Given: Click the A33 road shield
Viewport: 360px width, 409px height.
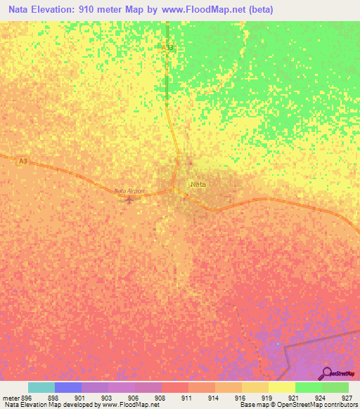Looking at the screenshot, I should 167,48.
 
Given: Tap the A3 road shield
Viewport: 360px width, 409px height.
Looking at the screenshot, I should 23,161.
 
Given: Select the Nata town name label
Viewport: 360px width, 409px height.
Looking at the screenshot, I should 198,184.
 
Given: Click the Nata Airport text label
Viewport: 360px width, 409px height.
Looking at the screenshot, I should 129,190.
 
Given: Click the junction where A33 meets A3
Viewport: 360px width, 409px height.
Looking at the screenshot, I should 174,190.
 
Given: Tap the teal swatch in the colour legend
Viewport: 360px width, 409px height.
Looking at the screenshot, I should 41,387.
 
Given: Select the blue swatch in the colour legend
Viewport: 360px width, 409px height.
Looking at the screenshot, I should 68,387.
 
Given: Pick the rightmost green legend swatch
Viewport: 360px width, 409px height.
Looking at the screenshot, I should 335,387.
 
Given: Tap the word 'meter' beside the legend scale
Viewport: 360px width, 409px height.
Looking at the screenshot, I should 9,397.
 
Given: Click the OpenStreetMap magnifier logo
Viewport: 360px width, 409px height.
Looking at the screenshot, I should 327,373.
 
